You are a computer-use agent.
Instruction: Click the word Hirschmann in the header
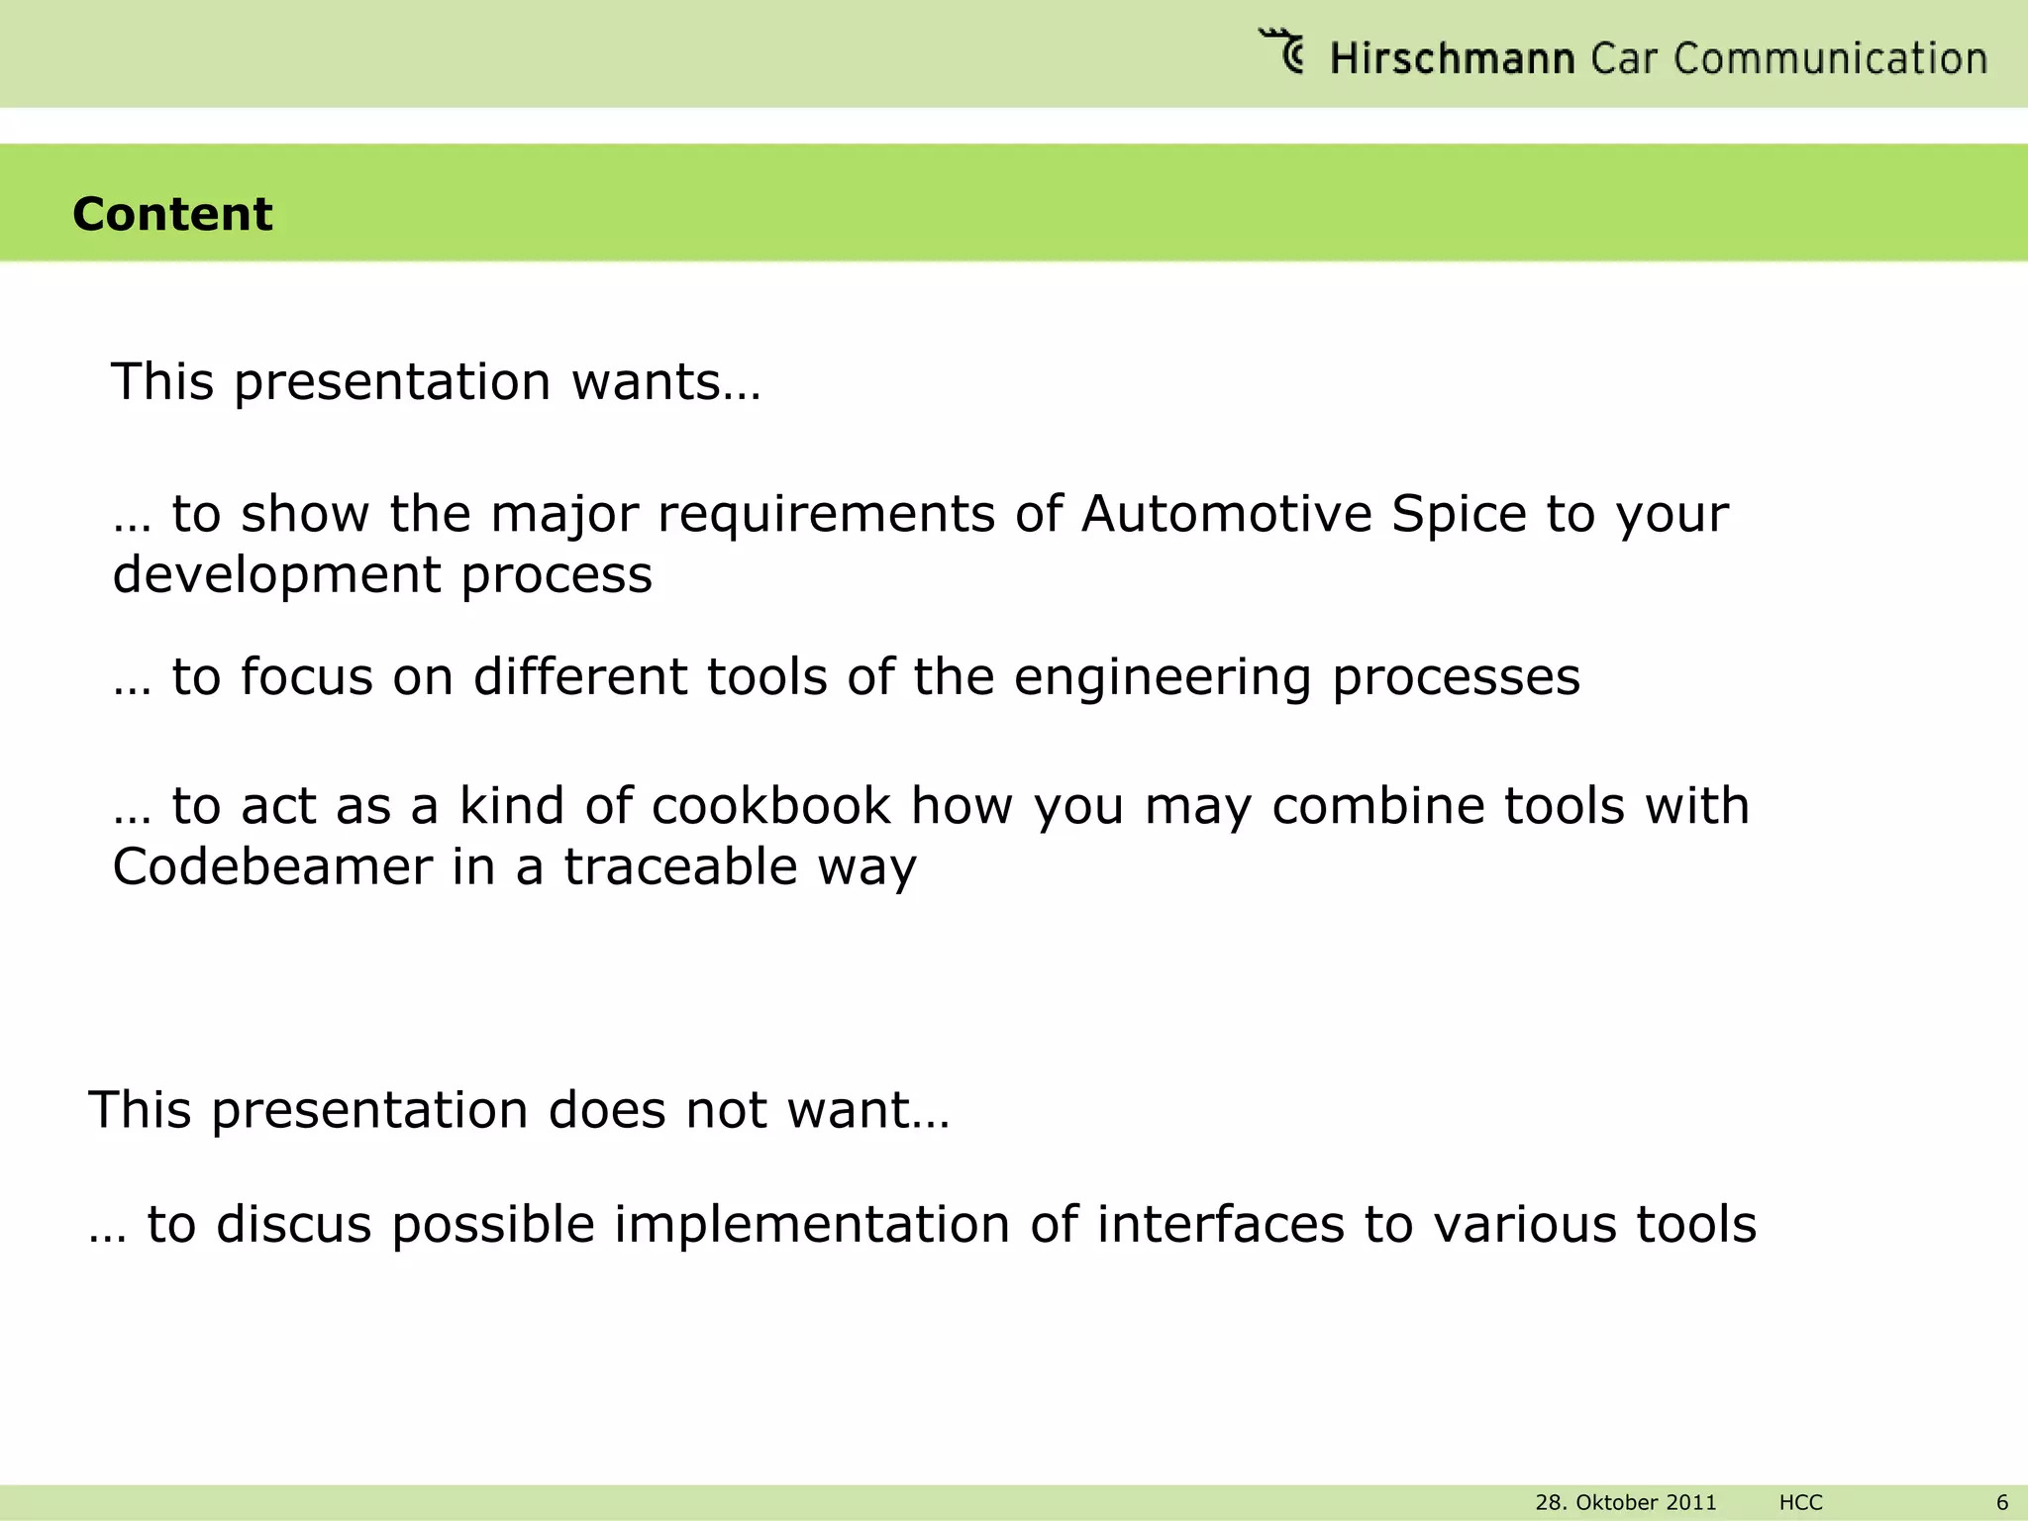click(x=1452, y=59)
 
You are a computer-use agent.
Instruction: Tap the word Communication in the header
click(x=1831, y=59)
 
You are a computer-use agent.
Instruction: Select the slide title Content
click(x=172, y=214)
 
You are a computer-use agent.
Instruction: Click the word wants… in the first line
click(x=666, y=382)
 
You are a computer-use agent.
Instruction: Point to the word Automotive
click(x=1226, y=514)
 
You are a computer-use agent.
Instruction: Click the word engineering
click(x=1163, y=679)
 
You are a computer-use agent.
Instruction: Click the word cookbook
click(x=771, y=806)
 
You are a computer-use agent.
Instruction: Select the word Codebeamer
click(x=272, y=867)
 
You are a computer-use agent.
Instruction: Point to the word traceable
click(x=680, y=867)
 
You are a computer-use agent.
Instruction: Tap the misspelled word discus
click(x=293, y=1225)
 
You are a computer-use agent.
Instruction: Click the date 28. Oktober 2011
click(x=1625, y=1502)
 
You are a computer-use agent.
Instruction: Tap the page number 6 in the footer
click(x=2001, y=1502)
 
